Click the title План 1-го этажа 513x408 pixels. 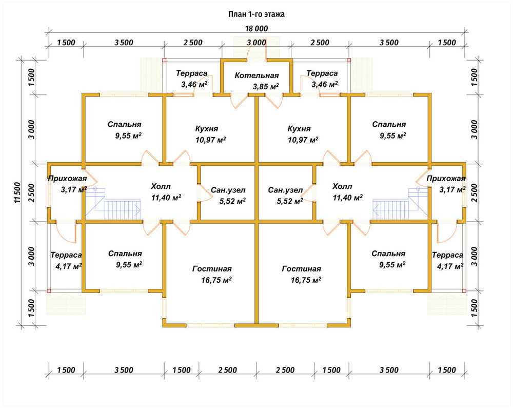256,14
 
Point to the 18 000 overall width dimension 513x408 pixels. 256,29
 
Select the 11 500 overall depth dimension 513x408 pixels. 17,192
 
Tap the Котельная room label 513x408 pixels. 256,75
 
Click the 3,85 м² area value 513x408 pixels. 265,87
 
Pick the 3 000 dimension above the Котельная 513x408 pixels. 256,43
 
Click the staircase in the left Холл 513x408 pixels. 113,204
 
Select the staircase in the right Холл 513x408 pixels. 400,204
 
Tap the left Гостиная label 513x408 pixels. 212,269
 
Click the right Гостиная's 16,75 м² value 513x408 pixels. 306,280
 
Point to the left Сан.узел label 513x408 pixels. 228,190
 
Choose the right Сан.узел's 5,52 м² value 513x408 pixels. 289,201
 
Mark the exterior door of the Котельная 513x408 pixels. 257,52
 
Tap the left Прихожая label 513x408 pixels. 67,179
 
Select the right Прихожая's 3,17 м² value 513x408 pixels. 452,190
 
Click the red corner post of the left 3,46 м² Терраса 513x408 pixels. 164,60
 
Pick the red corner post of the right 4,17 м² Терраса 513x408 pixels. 464,290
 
